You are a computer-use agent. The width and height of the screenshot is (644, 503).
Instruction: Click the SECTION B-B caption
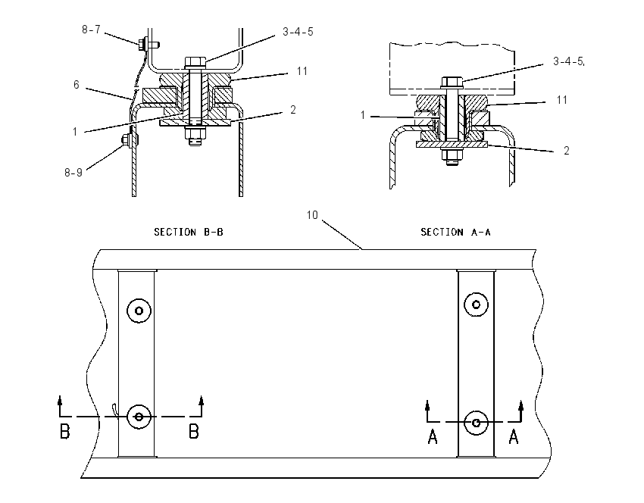(x=189, y=232)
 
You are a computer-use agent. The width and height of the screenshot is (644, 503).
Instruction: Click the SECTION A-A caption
(x=455, y=232)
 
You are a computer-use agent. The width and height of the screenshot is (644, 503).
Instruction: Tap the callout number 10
(x=312, y=214)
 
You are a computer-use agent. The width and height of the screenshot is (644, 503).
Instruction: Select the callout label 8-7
(x=91, y=30)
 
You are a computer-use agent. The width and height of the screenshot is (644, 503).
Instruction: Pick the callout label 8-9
(x=73, y=173)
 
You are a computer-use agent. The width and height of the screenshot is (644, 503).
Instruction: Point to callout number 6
(x=77, y=85)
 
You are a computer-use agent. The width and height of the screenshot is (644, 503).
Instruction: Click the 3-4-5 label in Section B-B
(x=298, y=32)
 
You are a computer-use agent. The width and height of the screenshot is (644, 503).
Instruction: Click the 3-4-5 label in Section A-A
(x=568, y=61)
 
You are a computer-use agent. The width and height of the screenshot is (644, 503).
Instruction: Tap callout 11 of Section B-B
(x=302, y=71)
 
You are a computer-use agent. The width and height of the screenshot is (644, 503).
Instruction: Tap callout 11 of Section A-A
(x=562, y=100)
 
